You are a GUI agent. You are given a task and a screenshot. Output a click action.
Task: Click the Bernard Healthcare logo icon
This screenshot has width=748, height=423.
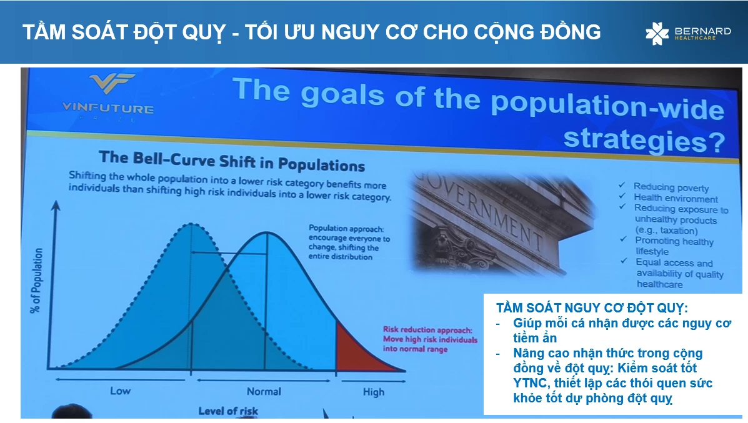tap(657, 33)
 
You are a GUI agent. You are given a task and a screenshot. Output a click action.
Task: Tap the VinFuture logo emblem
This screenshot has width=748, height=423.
tap(112, 84)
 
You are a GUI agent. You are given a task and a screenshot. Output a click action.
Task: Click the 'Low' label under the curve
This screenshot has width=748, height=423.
tap(120, 391)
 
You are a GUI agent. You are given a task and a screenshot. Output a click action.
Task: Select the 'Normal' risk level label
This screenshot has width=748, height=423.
tap(264, 392)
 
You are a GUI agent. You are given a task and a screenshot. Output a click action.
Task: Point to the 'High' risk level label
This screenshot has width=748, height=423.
tap(374, 392)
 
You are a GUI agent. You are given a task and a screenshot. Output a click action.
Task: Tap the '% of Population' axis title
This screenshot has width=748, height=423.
tap(37, 281)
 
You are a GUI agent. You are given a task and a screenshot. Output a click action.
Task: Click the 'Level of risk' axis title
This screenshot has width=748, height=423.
tap(228, 411)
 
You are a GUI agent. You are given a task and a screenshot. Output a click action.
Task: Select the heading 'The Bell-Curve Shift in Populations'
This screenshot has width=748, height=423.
tap(232, 161)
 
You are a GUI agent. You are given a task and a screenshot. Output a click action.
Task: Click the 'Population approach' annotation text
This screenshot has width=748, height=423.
tap(349, 242)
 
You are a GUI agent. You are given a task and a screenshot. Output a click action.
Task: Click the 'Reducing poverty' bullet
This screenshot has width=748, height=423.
tap(671, 187)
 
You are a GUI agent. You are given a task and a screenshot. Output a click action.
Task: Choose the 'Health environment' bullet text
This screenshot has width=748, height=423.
tap(676, 198)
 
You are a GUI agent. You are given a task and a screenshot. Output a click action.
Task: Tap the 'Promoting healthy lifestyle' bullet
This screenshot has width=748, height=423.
tap(674, 246)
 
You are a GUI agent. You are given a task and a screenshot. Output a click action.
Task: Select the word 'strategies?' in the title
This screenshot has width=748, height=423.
tap(644, 140)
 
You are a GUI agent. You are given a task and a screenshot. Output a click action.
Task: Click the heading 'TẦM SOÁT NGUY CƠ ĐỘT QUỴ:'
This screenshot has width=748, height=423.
tap(592, 307)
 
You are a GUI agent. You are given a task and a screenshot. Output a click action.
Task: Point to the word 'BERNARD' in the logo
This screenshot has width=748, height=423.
tap(702, 31)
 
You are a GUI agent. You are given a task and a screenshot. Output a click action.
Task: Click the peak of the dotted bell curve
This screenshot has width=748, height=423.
tap(191, 223)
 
